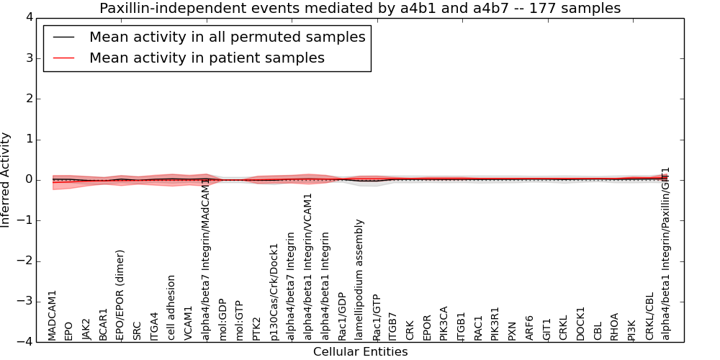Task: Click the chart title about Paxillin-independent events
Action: click(360, 9)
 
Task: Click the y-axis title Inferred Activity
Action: click(6, 179)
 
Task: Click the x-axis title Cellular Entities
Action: click(360, 352)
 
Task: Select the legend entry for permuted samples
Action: click(227, 37)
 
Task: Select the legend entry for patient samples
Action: click(207, 58)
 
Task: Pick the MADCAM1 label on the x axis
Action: click(52, 315)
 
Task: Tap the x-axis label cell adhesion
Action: click(171, 307)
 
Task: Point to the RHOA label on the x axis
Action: click(614, 326)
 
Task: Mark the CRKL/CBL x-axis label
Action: click(649, 316)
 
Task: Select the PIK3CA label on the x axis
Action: click(444, 323)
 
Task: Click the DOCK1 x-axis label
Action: click(580, 323)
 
